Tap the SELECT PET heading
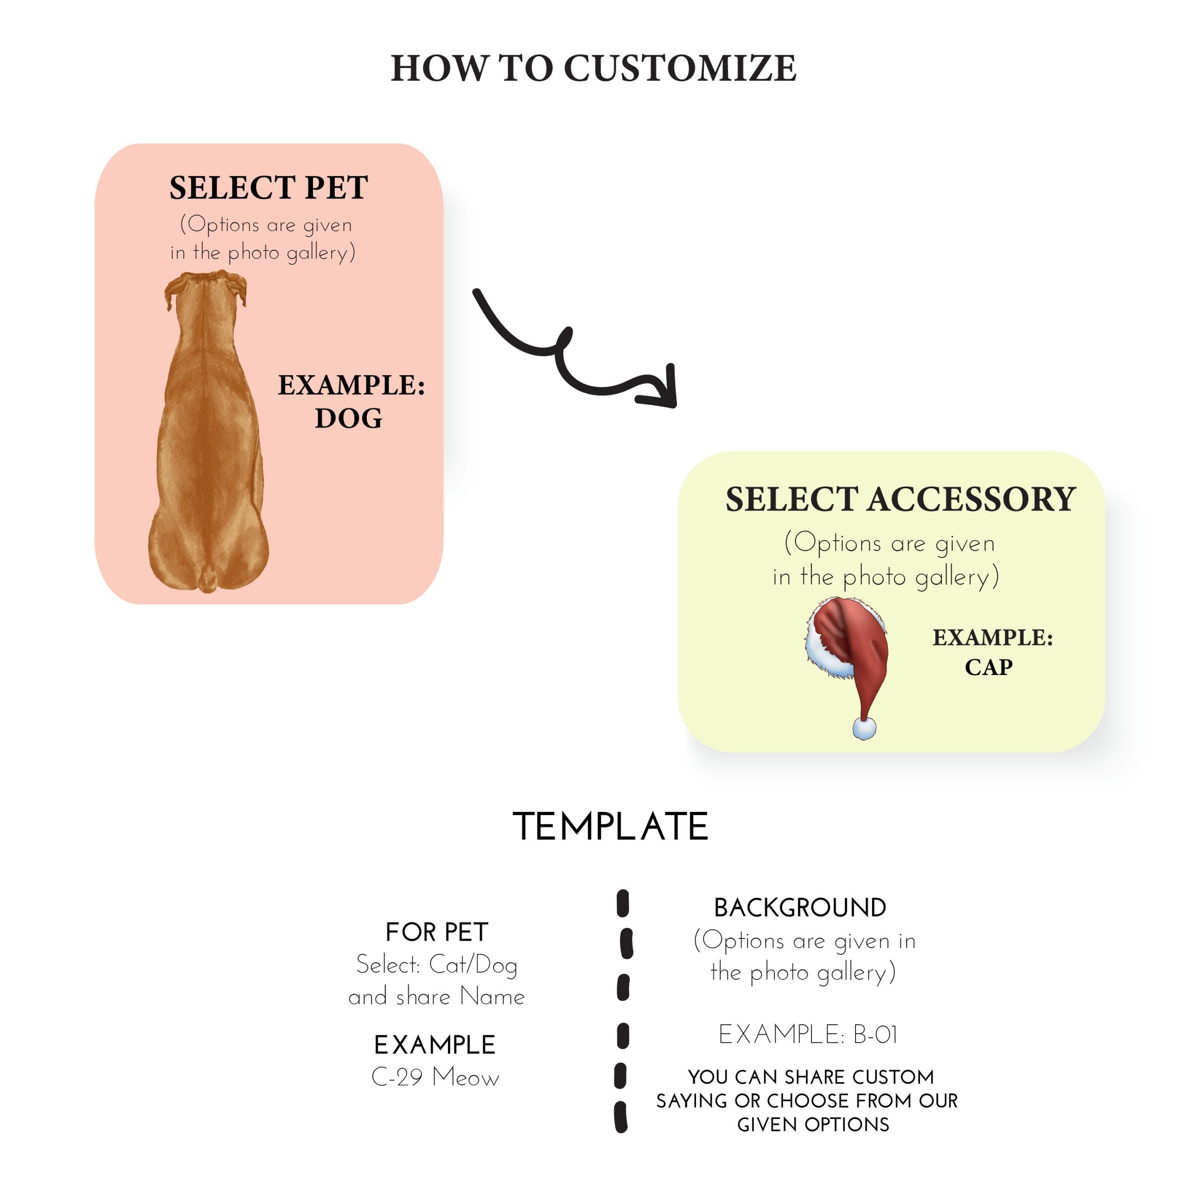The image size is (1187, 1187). click(x=268, y=187)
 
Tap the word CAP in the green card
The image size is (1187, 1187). click(x=988, y=667)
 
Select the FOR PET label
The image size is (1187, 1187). click(x=437, y=932)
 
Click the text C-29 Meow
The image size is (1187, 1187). click(x=435, y=1077)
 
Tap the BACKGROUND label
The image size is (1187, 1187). click(x=800, y=907)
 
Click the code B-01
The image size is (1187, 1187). click(x=875, y=1034)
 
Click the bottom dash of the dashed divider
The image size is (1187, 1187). click(x=621, y=1117)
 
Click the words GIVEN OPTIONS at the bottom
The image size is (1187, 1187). click(x=813, y=1124)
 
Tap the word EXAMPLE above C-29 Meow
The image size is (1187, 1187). click(x=435, y=1045)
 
